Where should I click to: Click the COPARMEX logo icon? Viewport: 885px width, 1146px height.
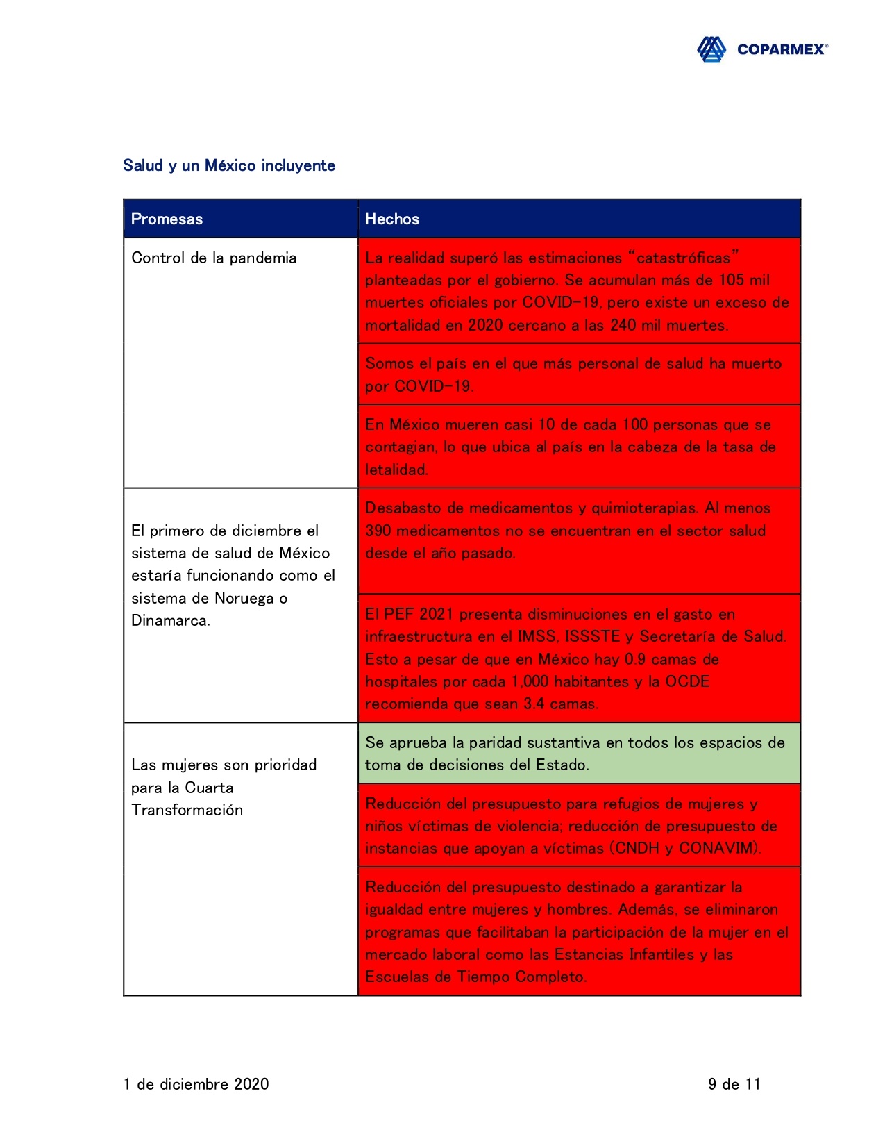711,49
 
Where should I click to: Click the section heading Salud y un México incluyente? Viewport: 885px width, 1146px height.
229,165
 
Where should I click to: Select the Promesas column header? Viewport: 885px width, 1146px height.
167,219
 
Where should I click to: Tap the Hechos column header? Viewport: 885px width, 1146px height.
392,219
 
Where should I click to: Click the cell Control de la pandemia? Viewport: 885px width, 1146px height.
214,258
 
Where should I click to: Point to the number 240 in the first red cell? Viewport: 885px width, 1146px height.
623,325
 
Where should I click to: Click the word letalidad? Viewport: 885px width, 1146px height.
396,470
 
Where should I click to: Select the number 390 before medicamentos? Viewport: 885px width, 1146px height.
378,531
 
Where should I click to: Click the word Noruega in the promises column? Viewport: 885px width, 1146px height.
244,598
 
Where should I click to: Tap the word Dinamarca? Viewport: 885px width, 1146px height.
170,620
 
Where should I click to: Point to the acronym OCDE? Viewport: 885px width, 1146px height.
687,681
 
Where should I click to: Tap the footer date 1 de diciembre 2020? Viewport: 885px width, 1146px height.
196,1084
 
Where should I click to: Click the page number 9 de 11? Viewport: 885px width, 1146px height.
734,1084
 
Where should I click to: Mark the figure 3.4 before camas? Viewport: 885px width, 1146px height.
534,704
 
